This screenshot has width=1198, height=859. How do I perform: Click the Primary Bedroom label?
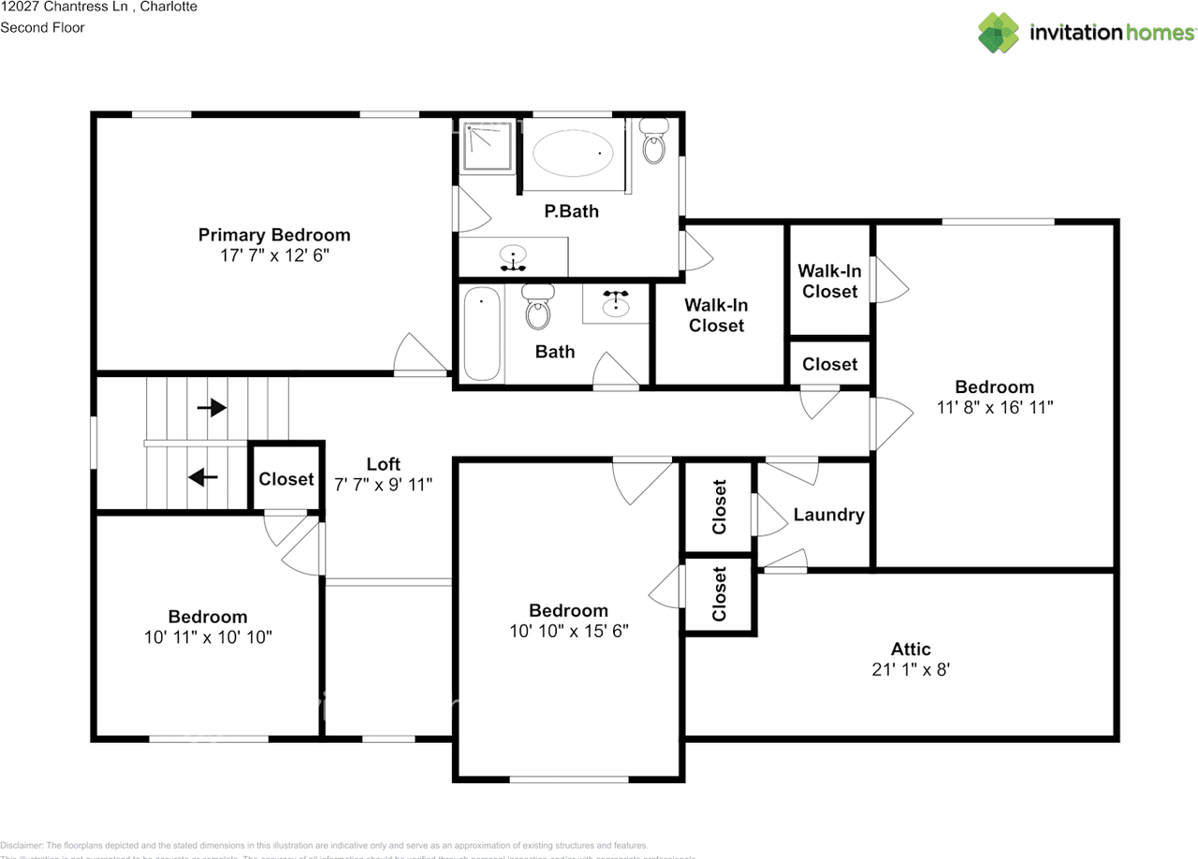tap(274, 235)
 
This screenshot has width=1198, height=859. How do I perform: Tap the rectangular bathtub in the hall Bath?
tap(482, 334)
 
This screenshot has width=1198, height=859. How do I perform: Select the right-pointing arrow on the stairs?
tap(212, 407)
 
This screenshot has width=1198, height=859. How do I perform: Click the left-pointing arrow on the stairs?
tap(203, 477)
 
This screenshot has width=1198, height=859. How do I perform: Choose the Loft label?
tap(383, 464)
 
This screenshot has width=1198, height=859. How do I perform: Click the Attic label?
tap(911, 649)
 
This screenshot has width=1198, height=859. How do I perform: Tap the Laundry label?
tap(828, 515)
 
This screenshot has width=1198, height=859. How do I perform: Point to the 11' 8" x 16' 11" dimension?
tap(994, 407)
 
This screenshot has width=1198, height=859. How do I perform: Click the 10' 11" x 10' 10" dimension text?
tap(208, 637)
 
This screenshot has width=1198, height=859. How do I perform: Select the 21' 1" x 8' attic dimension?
tap(911, 670)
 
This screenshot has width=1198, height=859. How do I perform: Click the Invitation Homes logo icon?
tap(999, 32)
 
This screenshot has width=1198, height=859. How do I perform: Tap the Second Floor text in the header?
tap(42, 27)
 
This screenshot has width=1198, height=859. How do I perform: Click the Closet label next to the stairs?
tap(286, 479)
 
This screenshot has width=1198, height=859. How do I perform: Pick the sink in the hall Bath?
tap(615, 303)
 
